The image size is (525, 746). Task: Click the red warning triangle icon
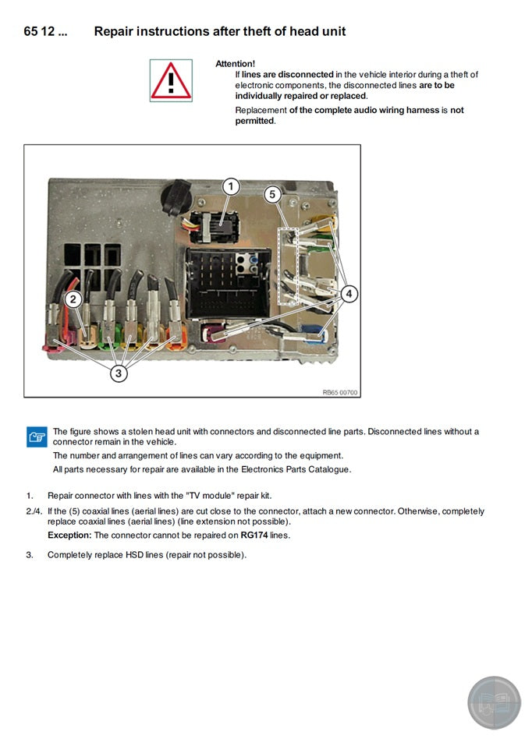[171, 80]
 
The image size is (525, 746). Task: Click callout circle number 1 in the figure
[230, 186]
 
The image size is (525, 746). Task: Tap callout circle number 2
[73, 299]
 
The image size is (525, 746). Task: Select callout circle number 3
[119, 373]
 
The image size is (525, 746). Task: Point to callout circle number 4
[349, 293]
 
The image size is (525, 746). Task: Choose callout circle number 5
[272, 195]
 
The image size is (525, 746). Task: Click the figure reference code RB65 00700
[340, 392]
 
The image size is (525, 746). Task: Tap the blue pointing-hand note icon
[37, 437]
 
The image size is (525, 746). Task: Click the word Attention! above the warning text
[235, 63]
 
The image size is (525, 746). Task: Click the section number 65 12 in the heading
[46, 31]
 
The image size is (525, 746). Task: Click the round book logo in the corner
[494, 702]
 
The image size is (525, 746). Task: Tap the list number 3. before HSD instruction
[30, 555]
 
